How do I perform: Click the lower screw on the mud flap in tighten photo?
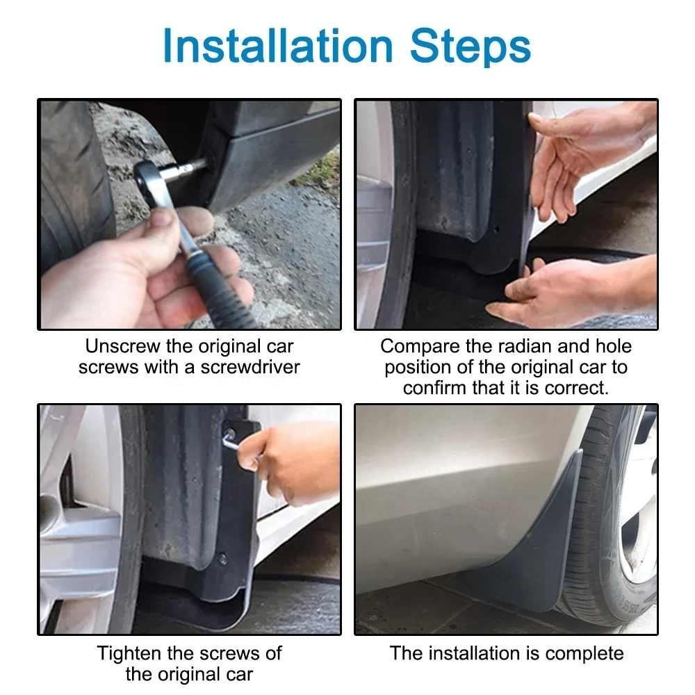coord(222,558)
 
